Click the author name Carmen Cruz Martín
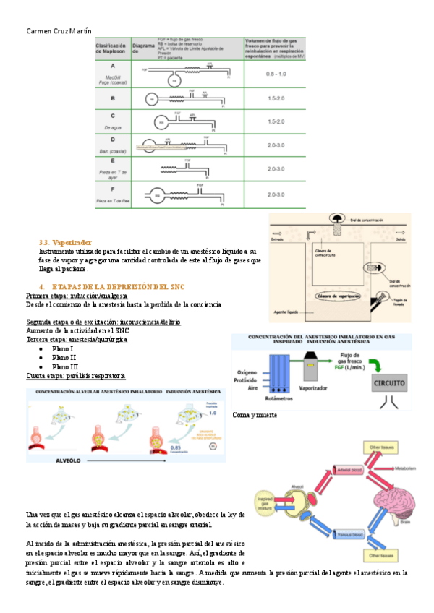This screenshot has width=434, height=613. pos(54,30)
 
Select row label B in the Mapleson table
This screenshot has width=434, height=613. pos(112,98)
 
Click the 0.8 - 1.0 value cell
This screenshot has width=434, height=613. pos(275,74)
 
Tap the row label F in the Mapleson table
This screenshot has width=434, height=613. pos(112,189)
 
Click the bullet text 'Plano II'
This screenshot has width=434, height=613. pos(64,357)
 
